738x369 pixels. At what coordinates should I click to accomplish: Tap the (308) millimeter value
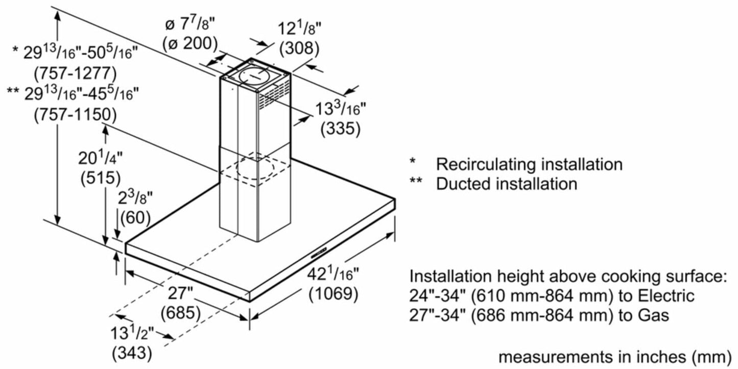click(x=299, y=49)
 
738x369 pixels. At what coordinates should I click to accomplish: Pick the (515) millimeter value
click(x=100, y=178)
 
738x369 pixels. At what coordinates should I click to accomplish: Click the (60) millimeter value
click(x=135, y=217)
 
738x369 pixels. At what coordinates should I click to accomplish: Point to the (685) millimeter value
click(x=181, y=312)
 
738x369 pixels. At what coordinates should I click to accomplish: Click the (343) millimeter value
click(x=131, y=352)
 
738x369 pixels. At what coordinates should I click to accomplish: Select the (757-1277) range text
click(x=75, y=72)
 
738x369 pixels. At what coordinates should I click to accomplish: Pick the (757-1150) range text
click(x=75, y=114)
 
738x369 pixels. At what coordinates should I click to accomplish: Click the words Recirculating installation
click(x=529, y=164)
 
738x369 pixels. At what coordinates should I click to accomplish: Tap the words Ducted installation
click(x=506, y=183)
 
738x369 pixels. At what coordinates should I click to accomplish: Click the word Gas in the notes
click(x=651, y=315)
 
